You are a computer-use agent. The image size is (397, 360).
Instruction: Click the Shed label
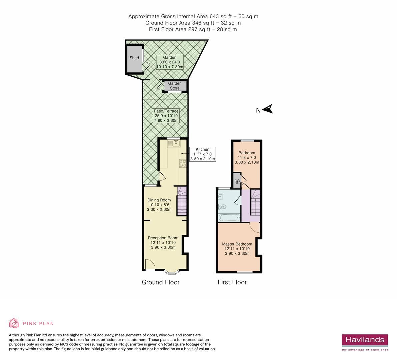(x=134, y=58)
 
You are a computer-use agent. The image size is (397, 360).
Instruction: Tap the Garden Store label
(x=175, y=86)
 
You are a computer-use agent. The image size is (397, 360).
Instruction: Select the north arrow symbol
(x=268, y=109)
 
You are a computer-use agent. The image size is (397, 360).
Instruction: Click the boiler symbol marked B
(x=237, y=181)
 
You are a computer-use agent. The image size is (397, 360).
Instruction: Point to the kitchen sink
(x=175, y=143)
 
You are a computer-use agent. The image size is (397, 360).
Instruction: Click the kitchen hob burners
(x=183, y=163)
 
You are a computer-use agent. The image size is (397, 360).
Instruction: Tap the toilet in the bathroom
(x=222, y=207)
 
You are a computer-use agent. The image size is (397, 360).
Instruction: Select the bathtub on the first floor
(x=229, y=218)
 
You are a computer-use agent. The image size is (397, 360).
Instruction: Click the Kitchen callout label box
(x=202, y=154)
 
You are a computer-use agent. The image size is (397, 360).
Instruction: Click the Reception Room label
(x=163, y=242)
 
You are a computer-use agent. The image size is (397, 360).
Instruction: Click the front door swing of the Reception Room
(x=150, y=264)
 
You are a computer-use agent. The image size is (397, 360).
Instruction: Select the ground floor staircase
(x=182, y=201)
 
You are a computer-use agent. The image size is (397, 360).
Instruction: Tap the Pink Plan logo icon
(x=14, y=323)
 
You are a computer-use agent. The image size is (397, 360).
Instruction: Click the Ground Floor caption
(x=161, y=282)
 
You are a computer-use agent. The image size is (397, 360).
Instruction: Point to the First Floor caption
(x=232, y=282)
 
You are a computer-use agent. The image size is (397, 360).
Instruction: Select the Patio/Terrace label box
(x=166, y=116)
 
